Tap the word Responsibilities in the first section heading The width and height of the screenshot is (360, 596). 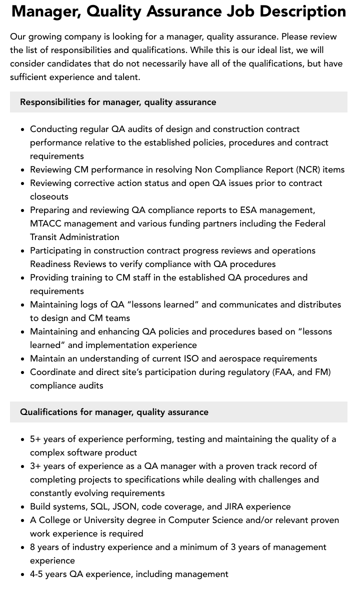pos(52,102)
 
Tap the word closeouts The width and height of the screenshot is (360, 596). pos(49,196)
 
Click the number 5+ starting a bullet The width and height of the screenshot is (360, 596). pos(35,439)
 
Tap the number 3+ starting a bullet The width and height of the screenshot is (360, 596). pos(35,466)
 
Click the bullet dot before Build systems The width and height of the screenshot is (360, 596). pos(22,507)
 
